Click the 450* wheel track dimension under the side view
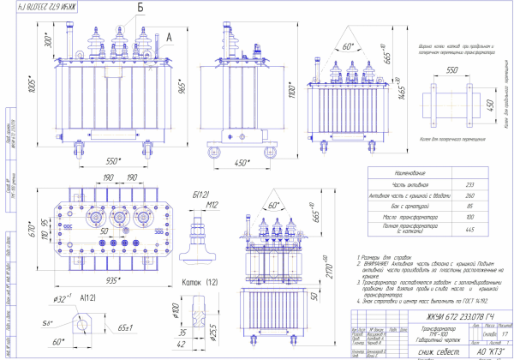coord(242,162)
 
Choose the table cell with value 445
coord(469,230)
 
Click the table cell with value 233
coord(469,183)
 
